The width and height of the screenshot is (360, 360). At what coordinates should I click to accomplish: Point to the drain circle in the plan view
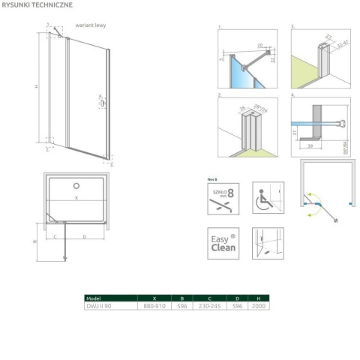(x=75, y=185)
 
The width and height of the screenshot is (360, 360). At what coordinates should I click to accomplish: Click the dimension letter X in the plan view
(x=76, y=199)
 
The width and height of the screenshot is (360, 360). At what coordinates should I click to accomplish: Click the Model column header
(x=94, y=298)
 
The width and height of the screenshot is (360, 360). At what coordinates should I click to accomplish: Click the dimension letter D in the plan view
(x=83, y=236)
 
